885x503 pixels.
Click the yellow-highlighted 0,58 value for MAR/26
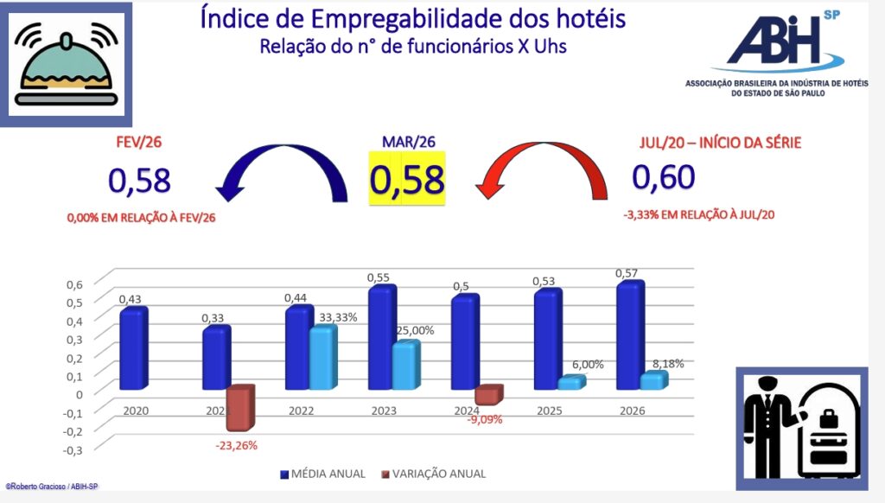point(407,180)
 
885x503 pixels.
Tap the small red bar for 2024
point(487,395)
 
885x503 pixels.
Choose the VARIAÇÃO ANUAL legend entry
point(431,474)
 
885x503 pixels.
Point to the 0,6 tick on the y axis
point(75,283)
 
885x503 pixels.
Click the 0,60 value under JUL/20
point(664,176)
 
